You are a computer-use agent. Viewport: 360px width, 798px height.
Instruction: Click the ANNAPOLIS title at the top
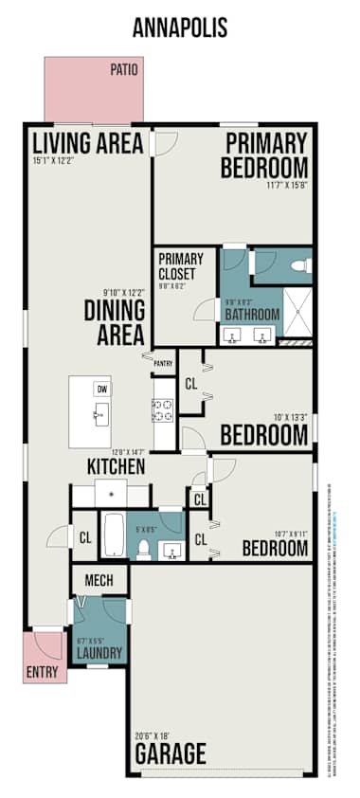coord(180,28)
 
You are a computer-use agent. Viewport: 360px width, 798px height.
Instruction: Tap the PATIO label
coord(124,69)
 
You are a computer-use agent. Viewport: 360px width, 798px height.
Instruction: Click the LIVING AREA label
coord(87,143)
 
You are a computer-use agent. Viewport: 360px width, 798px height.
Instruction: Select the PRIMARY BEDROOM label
coord(264,155)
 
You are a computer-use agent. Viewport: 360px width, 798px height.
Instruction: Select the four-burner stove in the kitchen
coord(163,410)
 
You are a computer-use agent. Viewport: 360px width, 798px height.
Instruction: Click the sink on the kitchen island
coord(100,415)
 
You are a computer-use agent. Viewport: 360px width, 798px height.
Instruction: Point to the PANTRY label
coord(163,362)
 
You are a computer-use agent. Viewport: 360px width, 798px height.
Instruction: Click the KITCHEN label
coord(116,466)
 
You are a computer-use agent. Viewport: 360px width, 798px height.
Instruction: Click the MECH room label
coord(99,580)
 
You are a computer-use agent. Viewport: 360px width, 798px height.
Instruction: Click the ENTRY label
coord(43,675)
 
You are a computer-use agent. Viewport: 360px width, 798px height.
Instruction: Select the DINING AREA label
coord(114,322)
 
